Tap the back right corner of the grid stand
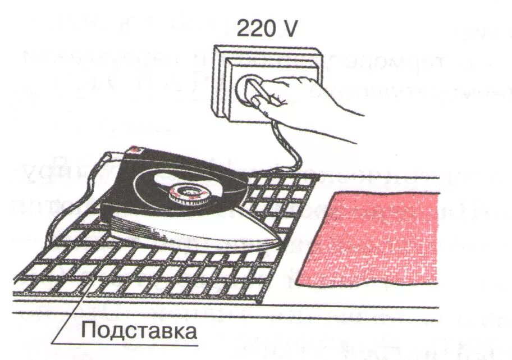pos(317,177)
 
